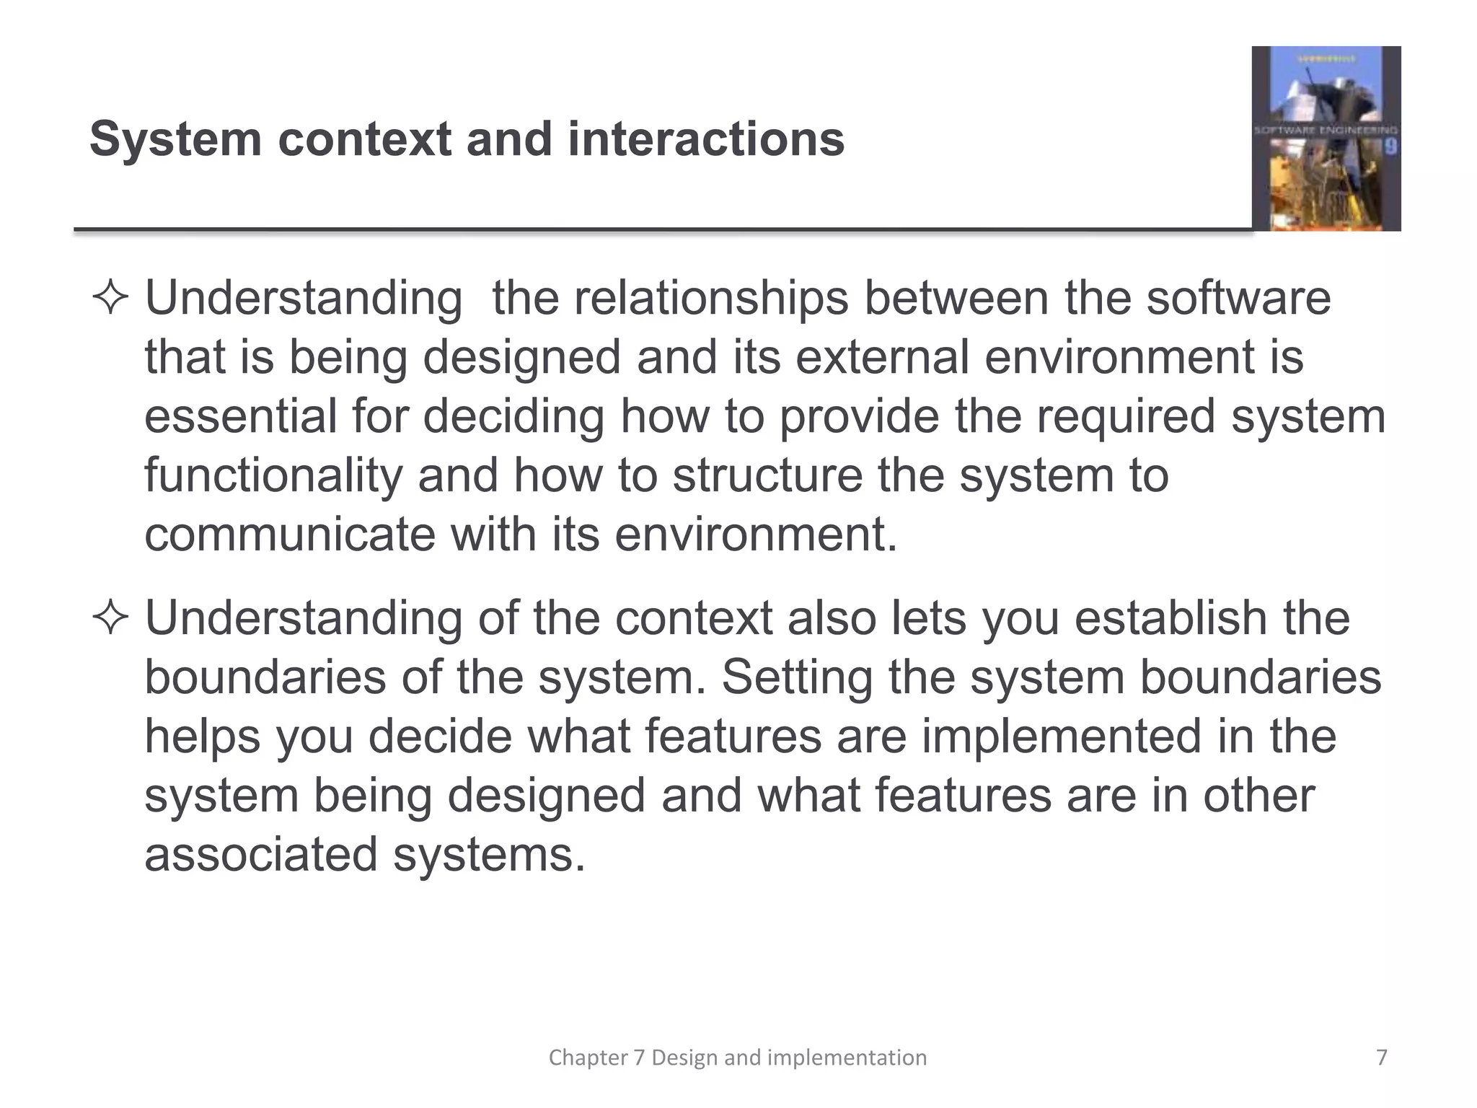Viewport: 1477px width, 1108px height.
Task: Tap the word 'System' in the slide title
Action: (175, 138)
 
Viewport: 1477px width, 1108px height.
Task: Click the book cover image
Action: (1326, 138)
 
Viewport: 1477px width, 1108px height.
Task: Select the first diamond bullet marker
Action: (110, 299)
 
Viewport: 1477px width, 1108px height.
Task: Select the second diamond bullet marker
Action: (110, 619)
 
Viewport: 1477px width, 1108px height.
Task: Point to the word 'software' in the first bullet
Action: (1238, 299)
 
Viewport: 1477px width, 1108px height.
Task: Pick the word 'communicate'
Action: (290, 535)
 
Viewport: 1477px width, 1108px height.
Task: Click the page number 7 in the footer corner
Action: (1381, 1058)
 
